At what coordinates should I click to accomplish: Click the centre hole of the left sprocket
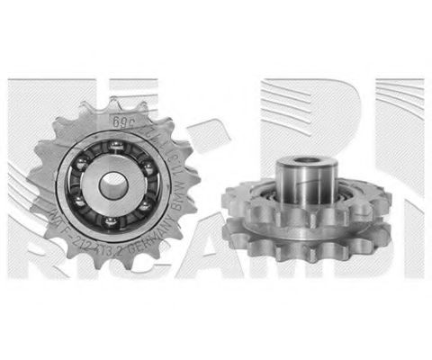click(114, 186)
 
